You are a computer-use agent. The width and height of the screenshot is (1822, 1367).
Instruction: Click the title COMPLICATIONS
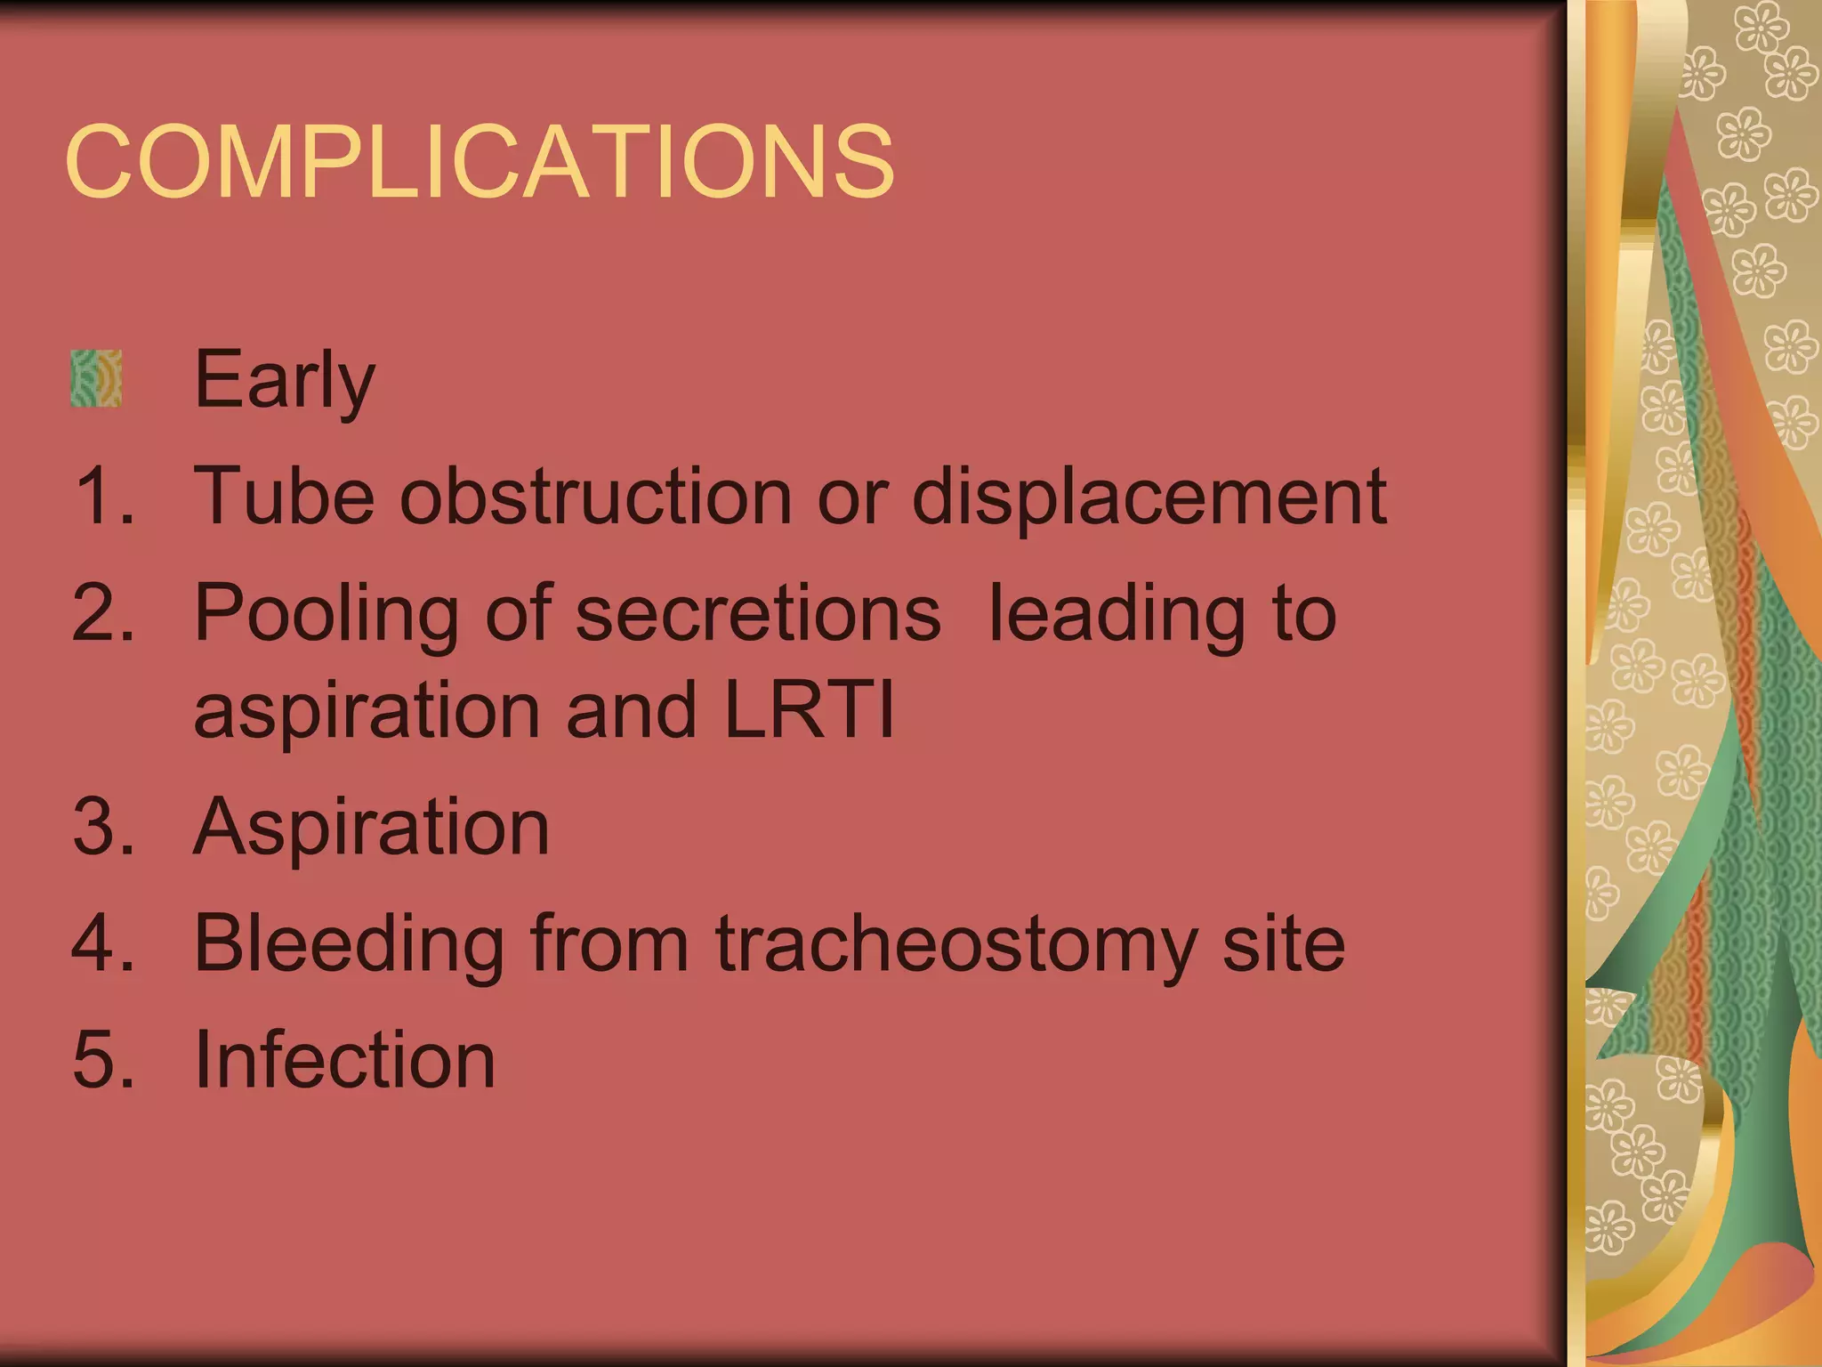tap(479, 162)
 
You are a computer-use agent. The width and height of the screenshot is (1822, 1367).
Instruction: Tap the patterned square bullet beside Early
tap(96, 378)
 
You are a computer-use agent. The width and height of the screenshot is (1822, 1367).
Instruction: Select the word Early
tap(284, 381)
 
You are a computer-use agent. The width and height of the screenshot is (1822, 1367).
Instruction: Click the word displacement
tap(1149, 497)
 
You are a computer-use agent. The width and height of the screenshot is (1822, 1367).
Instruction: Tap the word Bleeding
tap(350, 945)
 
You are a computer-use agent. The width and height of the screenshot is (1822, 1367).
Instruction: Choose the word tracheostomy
tap(955, 945)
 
